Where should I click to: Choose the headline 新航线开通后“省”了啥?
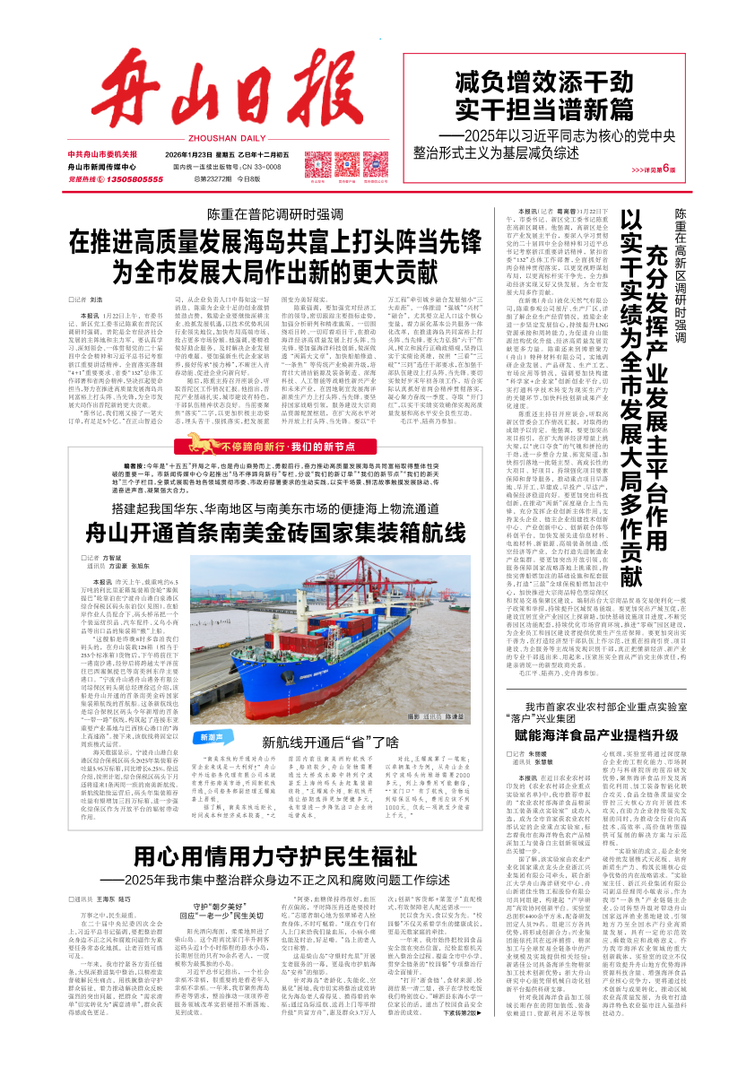[x=329, y=742]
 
